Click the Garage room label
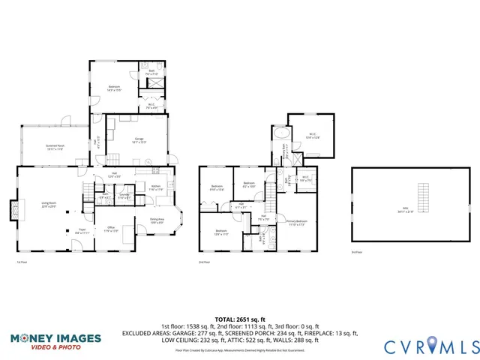pyautogui.click(x=139, y=140)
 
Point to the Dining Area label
pyautogui.click(x=157, y=221)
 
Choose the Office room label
pyautogui.click(x=109, y=229)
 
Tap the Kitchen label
pyautogui.click(x=155, y=188)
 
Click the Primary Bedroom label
pyautogui.click(x=297, y=223)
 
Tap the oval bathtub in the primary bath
pyautogui.click(x=280, y=135)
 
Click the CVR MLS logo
pyautogui.click(x=430, y=346)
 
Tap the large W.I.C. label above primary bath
pyautogui.click(x=313, y=137)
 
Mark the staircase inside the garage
pyautogui.click(x=112, y=158)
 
